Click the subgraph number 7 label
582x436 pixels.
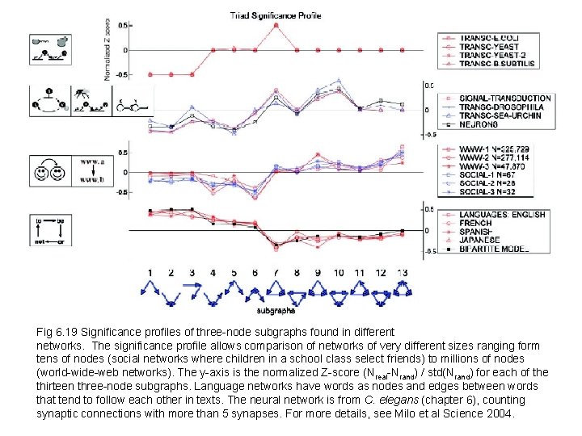(x=276, y=273)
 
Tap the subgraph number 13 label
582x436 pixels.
(x=403, y=273)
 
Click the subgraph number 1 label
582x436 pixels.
(x=150, y=273)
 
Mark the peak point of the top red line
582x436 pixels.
(x=276, y=24)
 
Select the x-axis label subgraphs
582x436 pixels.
(x=276, y=309)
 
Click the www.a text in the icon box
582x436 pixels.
(x=89, y=161)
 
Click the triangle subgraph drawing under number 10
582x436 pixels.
(x=339, y=289)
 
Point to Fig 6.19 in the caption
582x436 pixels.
(x=56, y=332)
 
